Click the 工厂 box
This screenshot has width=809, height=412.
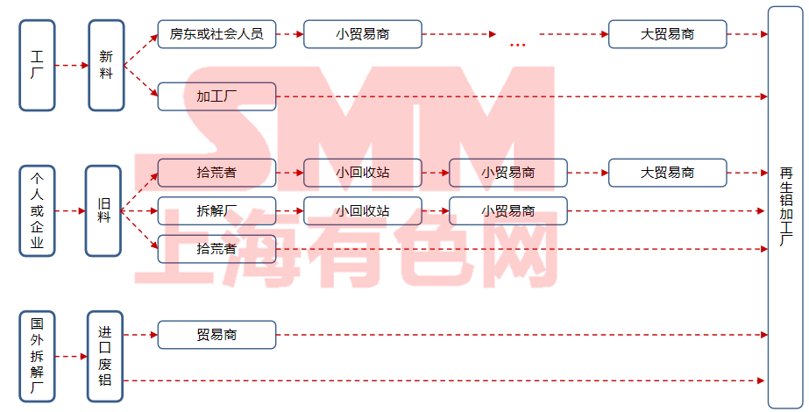pyautogui.click(x=37, y=66)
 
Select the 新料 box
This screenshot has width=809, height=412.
pyautogui.click(x=106, y=66)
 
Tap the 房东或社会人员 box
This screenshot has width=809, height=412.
pyautogui.click(x=216, y=35)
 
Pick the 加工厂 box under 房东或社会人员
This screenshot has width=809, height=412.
pyautogui.click(x=216, y=96)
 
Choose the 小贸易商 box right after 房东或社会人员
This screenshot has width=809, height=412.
pyautogui.click(x=362, y=35)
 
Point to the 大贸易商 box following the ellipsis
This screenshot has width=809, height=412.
pyautogui.click(x=668, y=35)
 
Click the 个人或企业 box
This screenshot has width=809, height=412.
pyautogui.click(x=37, y=210)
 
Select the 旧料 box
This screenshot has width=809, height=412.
pyautogui.click(x=103, y=210)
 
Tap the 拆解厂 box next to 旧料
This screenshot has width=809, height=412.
pyautogui.click(x=216, y=211)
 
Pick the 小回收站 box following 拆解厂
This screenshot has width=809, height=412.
pyautogui.click(x=362, y=211)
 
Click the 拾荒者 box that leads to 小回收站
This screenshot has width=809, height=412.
pyautogui.click(x=216, y=173)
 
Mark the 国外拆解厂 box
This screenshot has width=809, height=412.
pyautogui.click(x=37, y=355)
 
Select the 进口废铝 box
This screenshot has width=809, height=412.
pyautogui.click(x=105, y=355)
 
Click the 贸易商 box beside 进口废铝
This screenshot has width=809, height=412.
pyautogui.click(x=216, y=334)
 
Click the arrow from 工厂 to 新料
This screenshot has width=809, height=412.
pyautogui.click(x=71, y=66)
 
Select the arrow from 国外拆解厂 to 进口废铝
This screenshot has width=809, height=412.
pyautogui.click(x=71, y=356)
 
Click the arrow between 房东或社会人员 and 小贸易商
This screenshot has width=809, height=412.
pyautogui.click(x=289, y=35)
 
